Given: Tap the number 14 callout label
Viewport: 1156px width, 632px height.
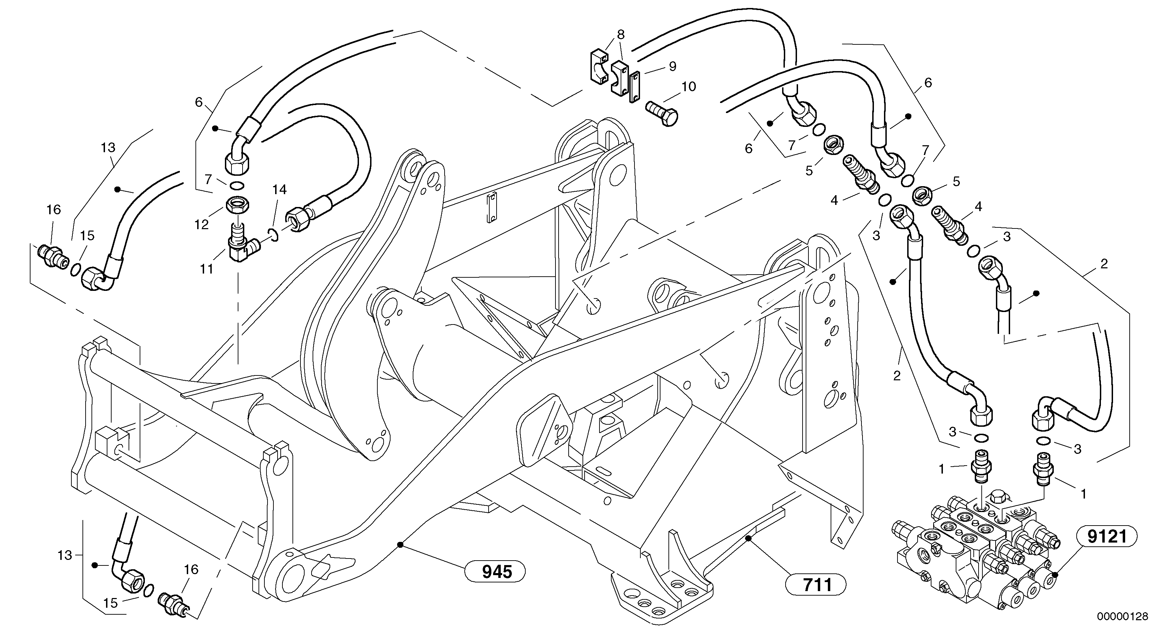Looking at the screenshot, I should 279,189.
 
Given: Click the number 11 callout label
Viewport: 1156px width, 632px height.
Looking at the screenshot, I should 207,269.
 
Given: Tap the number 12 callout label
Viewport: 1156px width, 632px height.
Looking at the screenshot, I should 201,224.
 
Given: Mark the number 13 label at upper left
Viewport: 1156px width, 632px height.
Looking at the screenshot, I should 108,147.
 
